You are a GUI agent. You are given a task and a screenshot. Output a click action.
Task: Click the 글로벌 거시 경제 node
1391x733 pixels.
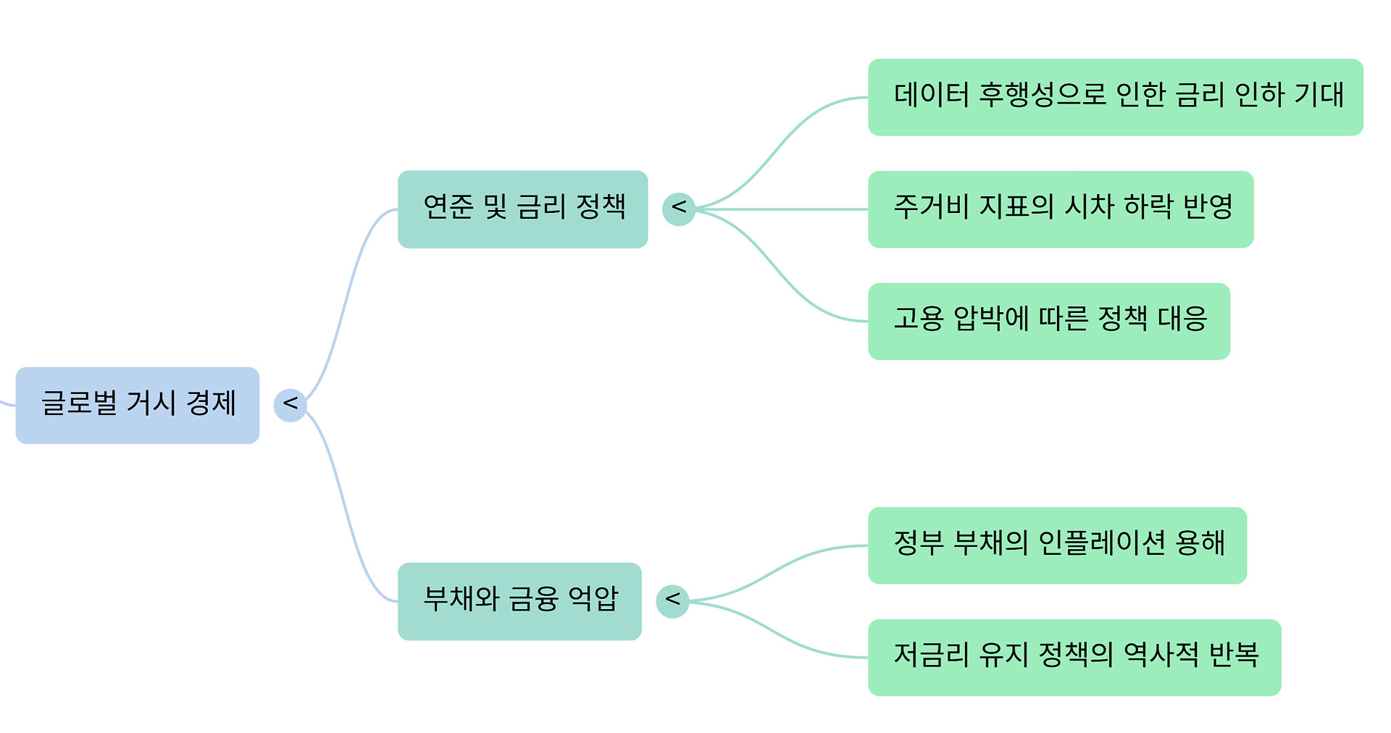[138, 405]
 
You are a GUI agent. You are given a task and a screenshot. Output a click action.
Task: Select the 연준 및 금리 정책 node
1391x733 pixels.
[522, 209]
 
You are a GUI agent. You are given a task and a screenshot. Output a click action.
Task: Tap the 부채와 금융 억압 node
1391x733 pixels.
[519, 601]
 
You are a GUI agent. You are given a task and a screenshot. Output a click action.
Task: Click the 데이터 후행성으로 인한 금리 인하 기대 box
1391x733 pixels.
[1115, 97]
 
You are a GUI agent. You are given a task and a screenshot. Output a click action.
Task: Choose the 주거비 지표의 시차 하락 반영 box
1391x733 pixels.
[1060, 209]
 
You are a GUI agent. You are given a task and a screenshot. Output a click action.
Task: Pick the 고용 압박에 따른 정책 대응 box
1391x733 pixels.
[1048, 321]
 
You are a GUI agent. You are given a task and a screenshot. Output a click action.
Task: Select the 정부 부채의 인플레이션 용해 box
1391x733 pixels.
[1057, 545]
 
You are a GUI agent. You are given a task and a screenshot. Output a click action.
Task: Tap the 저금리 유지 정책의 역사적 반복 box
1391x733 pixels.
[1074, 657]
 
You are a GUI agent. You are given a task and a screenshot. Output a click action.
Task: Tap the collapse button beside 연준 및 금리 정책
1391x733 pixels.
[679, 209]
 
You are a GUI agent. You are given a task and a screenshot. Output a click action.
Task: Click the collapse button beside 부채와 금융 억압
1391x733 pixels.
[672, 601]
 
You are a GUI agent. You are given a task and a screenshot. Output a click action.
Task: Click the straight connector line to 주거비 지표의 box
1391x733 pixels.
[782, 209]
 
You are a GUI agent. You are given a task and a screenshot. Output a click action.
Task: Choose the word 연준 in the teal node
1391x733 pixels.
[448, 207]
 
